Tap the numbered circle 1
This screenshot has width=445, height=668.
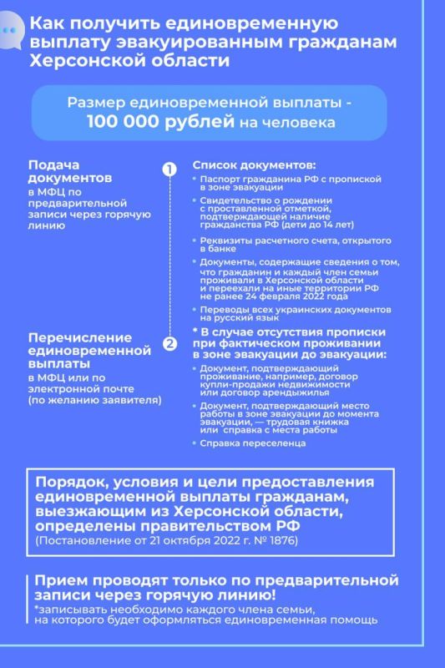(x=169, y=169)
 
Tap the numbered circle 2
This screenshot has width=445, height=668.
(x=169, y=342)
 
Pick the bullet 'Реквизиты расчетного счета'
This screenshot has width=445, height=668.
(x=281, y=243)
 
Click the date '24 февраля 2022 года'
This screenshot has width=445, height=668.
(x=313, y=296)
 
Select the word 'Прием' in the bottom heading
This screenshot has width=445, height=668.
(x=58, y=581)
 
